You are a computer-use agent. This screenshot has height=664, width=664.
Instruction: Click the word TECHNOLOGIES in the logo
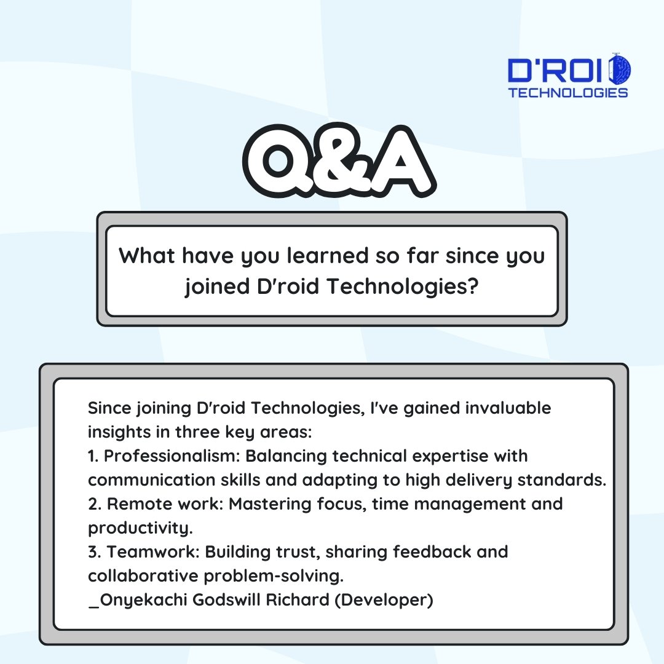(x=568, y=93)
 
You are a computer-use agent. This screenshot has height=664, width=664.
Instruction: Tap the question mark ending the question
(x=472, y=287)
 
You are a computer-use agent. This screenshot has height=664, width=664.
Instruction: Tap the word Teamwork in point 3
(x=153, y=552)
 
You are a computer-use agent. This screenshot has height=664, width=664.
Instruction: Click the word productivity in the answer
(x=135, y=528)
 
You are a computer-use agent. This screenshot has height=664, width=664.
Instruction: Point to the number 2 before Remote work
(x=93, y=504)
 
